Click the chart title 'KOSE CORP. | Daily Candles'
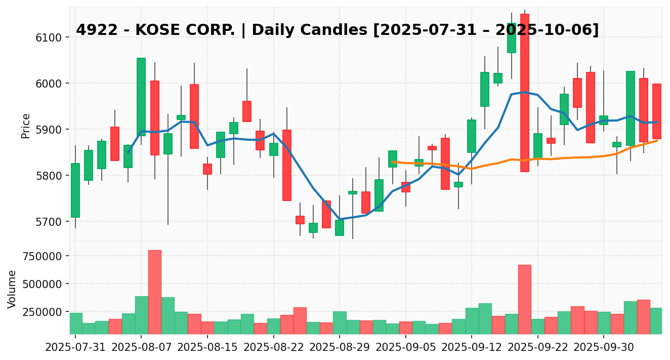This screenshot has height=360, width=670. click(337, 30)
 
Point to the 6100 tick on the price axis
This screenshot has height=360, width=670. click(49, 37)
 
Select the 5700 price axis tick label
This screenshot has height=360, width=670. click(49, 222)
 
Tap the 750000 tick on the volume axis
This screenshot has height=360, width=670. click(41, 256)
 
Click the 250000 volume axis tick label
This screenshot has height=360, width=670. click(41, 312)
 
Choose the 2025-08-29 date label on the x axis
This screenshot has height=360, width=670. click(339, 349)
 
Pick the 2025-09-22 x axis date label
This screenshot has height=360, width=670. click(537, 349)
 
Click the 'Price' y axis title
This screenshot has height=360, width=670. click(26, 126)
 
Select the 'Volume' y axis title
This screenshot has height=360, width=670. click(12, 289)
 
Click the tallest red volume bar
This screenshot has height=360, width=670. click(155, 292)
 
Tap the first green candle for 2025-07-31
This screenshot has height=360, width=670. click(75, 190)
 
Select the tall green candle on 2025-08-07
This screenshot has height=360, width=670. click(141, 97)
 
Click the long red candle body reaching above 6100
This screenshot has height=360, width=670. click(525, 93)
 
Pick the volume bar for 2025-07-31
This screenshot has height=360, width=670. click(75, 323)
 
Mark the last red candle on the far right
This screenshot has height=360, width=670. click(656, 111)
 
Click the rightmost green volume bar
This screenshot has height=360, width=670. click(656, 321)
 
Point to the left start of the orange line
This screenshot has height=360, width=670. click(393, 162)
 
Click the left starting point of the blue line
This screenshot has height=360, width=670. click(128, 152)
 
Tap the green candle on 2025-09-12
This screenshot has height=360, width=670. click(472, 136)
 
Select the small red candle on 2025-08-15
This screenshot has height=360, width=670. click(207, 169)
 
